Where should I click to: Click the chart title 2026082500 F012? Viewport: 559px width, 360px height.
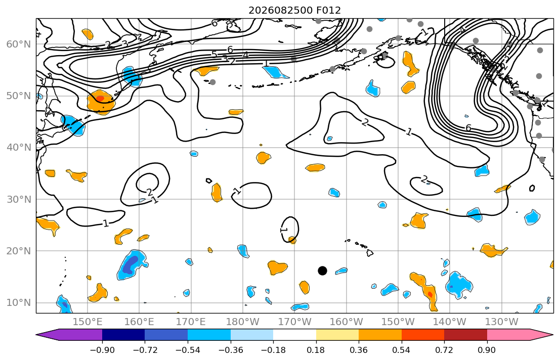pos(294,10)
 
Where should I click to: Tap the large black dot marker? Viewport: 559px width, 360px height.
pos(322,271)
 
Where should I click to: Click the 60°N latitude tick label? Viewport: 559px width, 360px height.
pos(19,44)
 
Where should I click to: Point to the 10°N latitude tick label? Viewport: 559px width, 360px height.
pos(19,303)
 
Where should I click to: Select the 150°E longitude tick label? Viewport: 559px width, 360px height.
pos(88,322)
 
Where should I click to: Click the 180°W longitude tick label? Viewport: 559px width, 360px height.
pos(243,322)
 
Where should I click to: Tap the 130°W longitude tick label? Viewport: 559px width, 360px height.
pos(502,322)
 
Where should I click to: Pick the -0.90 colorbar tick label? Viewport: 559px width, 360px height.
pos(102,350)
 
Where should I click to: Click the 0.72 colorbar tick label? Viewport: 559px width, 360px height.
pos(444,350)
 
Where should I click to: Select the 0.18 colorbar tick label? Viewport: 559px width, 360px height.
pos(316,350)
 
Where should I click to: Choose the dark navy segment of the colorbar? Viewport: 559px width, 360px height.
pos(123,335)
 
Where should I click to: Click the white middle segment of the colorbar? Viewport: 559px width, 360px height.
pos(294,335)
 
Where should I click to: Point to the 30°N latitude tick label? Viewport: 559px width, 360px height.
pos(19,199)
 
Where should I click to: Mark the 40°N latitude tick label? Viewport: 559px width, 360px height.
pos(19,148)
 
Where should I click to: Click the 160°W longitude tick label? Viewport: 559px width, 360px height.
pos(347,322)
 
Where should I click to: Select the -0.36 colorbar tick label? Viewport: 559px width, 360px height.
pos(231,350)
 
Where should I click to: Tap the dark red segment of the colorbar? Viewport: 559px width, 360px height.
pos(465,335)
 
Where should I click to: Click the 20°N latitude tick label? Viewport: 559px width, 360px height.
pos(19,251)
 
